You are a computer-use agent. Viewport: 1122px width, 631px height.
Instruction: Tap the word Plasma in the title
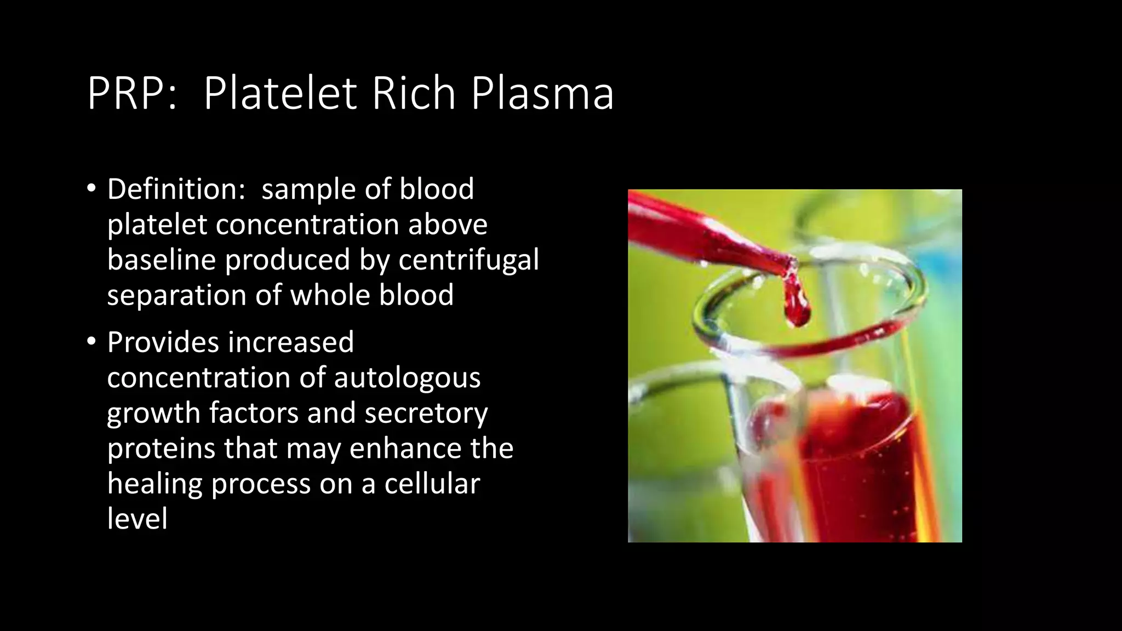[542, 94]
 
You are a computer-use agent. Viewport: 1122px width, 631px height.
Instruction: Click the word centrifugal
[468, 260]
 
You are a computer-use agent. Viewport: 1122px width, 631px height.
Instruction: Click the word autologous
[407, 378]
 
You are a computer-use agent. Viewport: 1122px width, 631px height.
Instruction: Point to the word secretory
[426, 413]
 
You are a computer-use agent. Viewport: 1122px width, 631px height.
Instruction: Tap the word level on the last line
[137, 519]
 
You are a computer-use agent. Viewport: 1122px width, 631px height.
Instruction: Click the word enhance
[405, 449]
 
